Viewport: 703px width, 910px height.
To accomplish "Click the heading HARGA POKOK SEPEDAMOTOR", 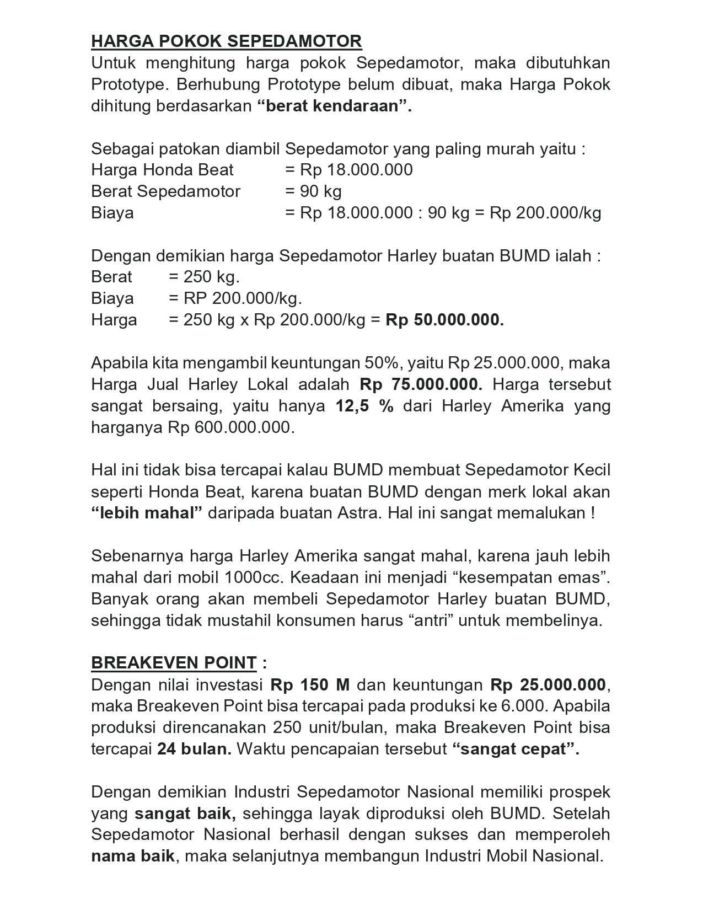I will [226, 41].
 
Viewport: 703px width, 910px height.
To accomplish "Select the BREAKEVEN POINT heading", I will [174, 663].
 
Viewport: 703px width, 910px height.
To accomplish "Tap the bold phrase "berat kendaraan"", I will [335, 106].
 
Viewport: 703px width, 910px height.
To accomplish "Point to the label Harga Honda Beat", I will [162, 170].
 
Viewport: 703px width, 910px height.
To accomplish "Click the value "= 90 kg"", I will [313, 191].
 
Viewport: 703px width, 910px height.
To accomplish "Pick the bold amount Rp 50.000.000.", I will [444, 320].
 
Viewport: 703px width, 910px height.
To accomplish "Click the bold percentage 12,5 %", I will [364, 406].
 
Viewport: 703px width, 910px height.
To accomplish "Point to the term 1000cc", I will [254, 577].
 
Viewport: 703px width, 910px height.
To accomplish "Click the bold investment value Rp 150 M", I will [310, 685].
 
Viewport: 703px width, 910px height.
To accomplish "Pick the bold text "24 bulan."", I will [194, 750].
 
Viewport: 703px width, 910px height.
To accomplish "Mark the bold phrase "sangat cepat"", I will [516, 750].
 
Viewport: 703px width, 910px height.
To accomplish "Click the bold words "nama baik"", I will [133, 857].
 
